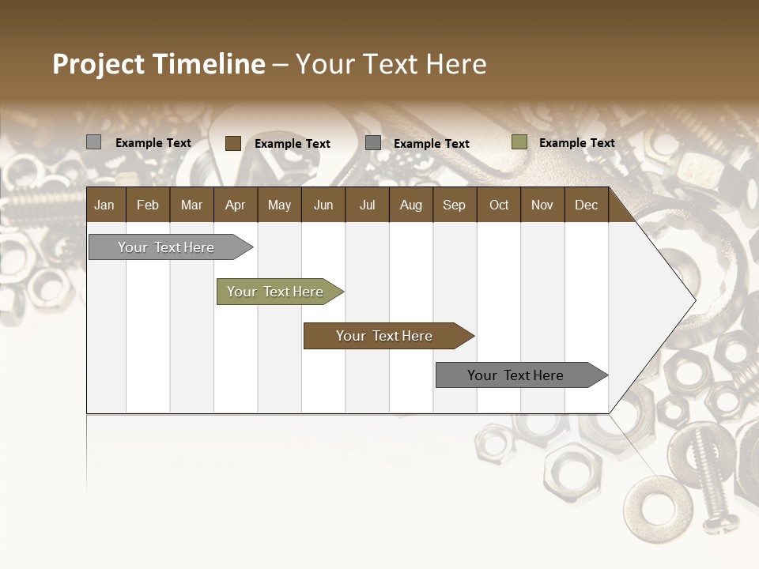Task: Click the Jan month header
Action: (x=104, y=205)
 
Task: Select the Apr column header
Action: (x=235, y=205)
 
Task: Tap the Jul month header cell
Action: (x=367, y=205)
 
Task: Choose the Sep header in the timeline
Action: (x=454, y=205)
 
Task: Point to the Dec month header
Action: (x=586, y=205)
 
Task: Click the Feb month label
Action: (x=148, y=205)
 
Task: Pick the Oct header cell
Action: (x=499, y=205)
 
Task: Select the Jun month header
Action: (x=323, y=205)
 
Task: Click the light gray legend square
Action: (x=94, y=142)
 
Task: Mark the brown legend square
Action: (x=233, y=143)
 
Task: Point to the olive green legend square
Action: (x=519, y=142)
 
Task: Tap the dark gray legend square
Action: (x=373, y=143)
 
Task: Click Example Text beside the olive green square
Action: (x=576, y=143)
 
